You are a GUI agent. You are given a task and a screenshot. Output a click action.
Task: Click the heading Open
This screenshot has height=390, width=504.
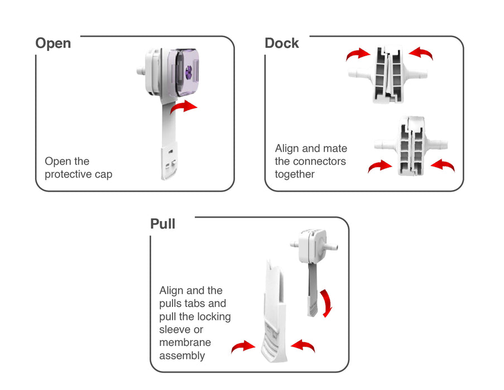click(53, 43)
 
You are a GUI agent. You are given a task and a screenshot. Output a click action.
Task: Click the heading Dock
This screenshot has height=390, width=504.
click(282, 43)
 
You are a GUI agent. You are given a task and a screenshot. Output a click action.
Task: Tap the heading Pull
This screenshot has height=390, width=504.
click(162, 224)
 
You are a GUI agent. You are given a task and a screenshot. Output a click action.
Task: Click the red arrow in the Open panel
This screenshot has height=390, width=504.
click(184, 107)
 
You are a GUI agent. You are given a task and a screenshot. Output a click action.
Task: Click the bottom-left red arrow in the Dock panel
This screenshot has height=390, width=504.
click(380, 166)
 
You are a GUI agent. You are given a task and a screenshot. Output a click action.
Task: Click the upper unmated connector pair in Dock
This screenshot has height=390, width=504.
click(389, 74)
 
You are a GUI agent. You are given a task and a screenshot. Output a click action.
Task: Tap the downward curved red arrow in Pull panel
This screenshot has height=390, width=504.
click(326, 303)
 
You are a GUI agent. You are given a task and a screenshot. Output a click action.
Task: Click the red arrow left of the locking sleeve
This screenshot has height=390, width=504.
click(244, 347)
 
